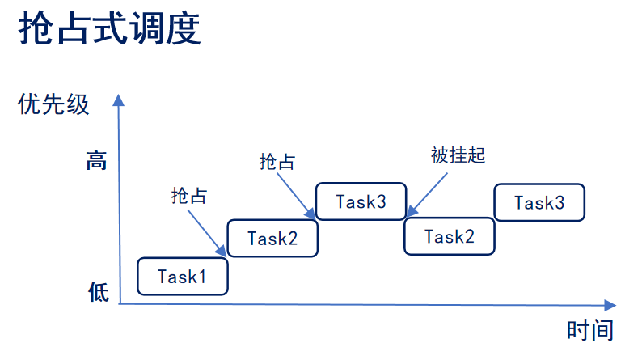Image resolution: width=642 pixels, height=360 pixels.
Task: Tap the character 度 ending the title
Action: pyautogui.click(x=183, y=30)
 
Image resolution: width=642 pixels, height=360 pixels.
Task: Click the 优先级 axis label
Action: pyautogui.click(x=54, y=105)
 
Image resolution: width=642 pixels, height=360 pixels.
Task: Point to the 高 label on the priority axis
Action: pyautogui.click(x=96, y=161)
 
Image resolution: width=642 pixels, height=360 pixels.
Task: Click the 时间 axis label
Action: pyautogui.click(x=589, y=330)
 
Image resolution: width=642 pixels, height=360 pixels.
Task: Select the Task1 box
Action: pyautogui.click(x=183, y=276)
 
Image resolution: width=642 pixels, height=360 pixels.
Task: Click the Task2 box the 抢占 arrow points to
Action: pyautogui.click(x=272, y=238)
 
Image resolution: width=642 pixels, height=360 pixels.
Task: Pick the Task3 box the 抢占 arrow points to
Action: pyautogui.click(x=361, y=201)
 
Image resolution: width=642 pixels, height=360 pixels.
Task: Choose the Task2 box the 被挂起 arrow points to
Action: pyautogui.click(x=449, y=237)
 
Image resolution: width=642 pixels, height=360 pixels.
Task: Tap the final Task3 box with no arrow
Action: pyautogui.click(x=539, y=202)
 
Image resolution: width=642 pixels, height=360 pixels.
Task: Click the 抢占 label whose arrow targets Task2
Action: pyautogui.click(x=189, y=195)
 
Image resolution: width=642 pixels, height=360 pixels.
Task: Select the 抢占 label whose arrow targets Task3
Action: pyautogui.click(x=277, y=161)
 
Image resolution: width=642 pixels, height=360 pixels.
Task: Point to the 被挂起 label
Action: pyautogui.click(x=458, y=155)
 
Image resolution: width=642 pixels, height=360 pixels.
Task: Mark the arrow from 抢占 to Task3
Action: pyautogui.click(x=296, y=195)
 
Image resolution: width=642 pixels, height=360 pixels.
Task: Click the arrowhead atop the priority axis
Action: pyautogui.click(x=119, y=100)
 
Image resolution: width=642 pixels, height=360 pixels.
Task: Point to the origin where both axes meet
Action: pyautogui.click(x=119, y=303)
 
